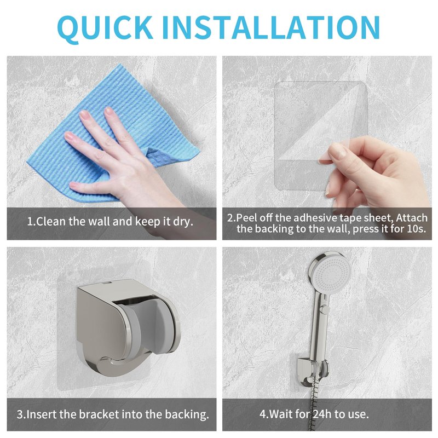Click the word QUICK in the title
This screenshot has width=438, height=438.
105,28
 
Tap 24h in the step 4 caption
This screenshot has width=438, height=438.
322,414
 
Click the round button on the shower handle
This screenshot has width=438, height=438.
325,309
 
